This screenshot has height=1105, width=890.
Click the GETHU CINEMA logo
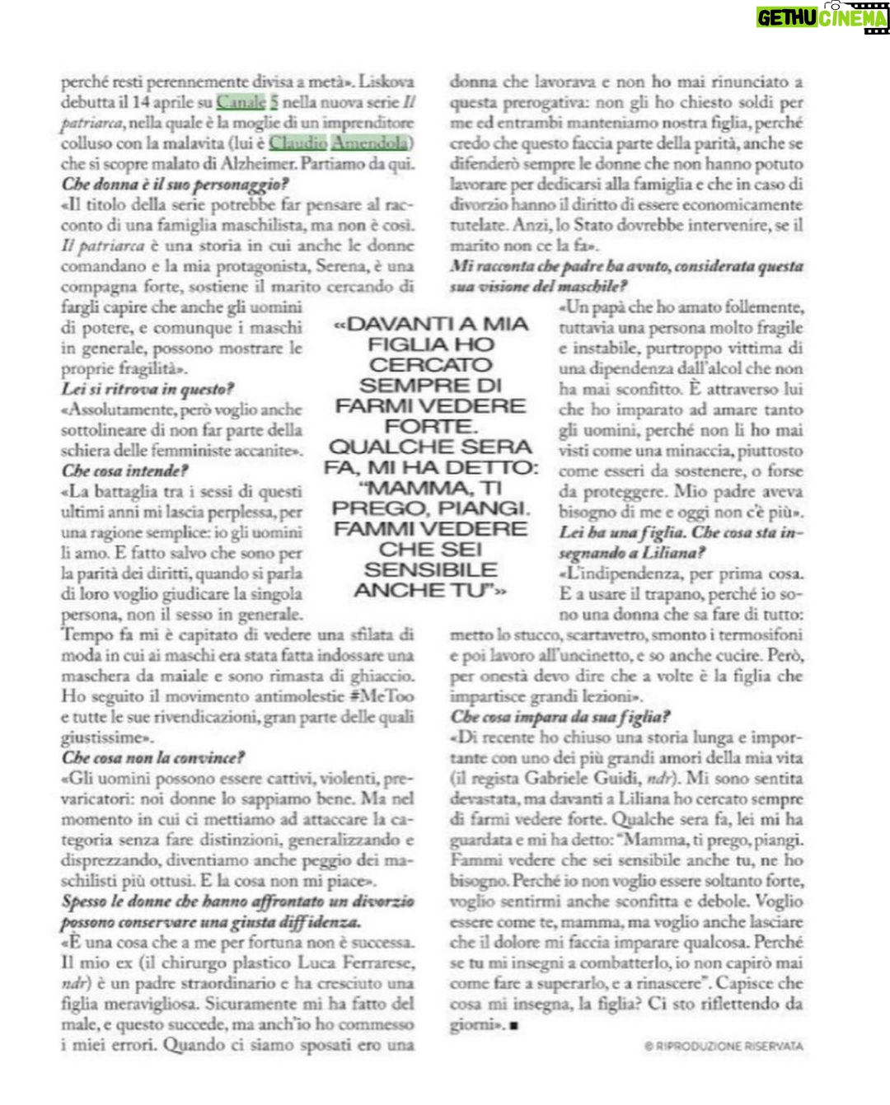822,16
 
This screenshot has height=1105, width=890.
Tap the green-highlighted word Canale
241,102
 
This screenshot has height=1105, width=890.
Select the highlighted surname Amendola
370,143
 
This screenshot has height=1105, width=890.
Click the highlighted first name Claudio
297,143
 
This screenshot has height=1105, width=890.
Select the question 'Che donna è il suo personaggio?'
174,185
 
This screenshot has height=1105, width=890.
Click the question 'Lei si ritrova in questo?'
148,389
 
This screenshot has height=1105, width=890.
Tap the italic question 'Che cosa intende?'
124,471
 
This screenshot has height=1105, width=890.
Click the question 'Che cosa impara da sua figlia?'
560,717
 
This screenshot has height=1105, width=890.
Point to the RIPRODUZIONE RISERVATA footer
724,1046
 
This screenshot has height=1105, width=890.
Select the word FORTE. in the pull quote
430,427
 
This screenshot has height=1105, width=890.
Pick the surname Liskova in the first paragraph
386,82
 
